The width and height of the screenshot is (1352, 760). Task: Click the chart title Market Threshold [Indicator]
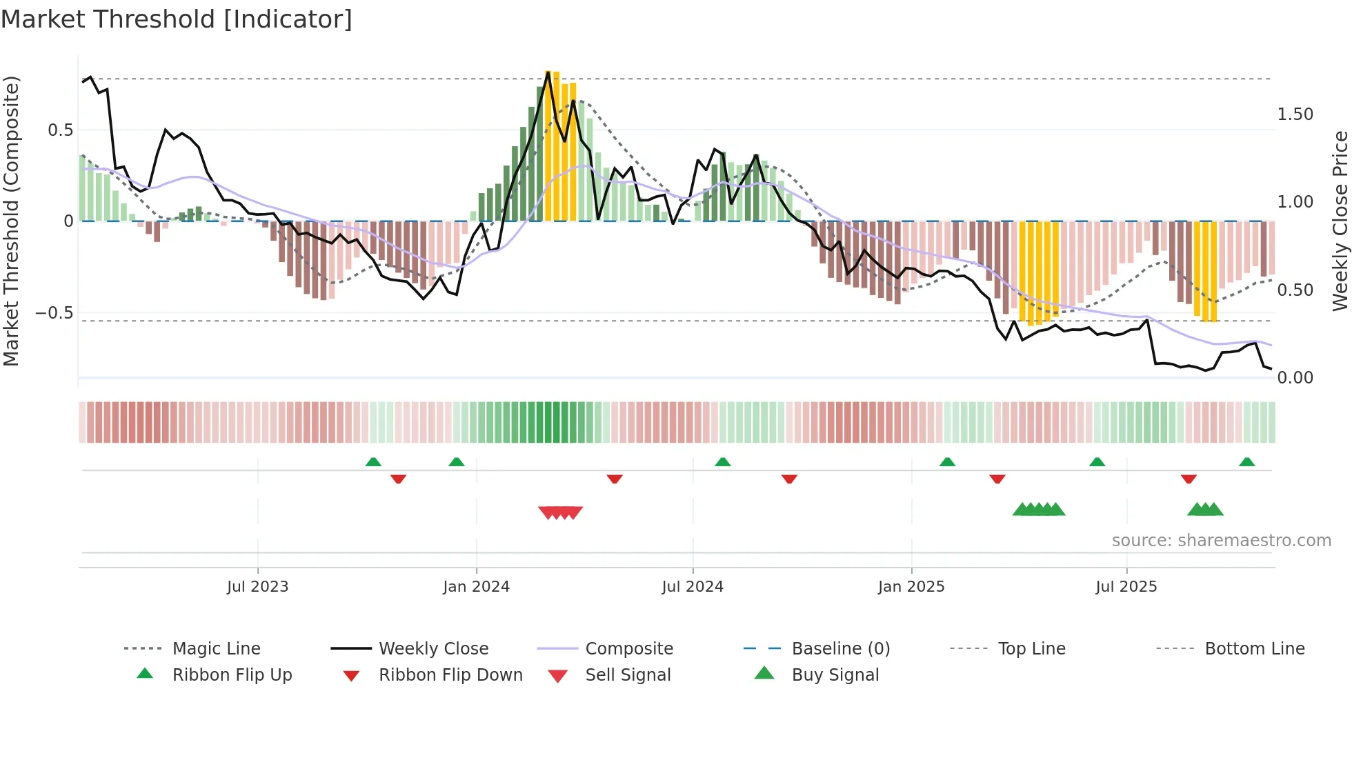click(x=177, y=19)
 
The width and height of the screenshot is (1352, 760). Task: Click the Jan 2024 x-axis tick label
click(x=476, y=587)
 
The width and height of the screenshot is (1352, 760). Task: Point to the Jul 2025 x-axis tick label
click(x=1126, y=587)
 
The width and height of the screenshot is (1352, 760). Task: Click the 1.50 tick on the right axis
click(x=1295, y=114)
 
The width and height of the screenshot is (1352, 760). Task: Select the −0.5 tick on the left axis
click(x=54, y=313)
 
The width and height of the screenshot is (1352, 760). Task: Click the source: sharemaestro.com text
click(x=1221, y=541)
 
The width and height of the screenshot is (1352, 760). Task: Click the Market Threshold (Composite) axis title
click(x=11, y=221)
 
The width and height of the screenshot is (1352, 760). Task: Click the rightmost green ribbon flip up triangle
click(x=1246, y=462)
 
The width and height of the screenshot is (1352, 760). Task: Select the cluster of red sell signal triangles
click(x=560, y=512)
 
